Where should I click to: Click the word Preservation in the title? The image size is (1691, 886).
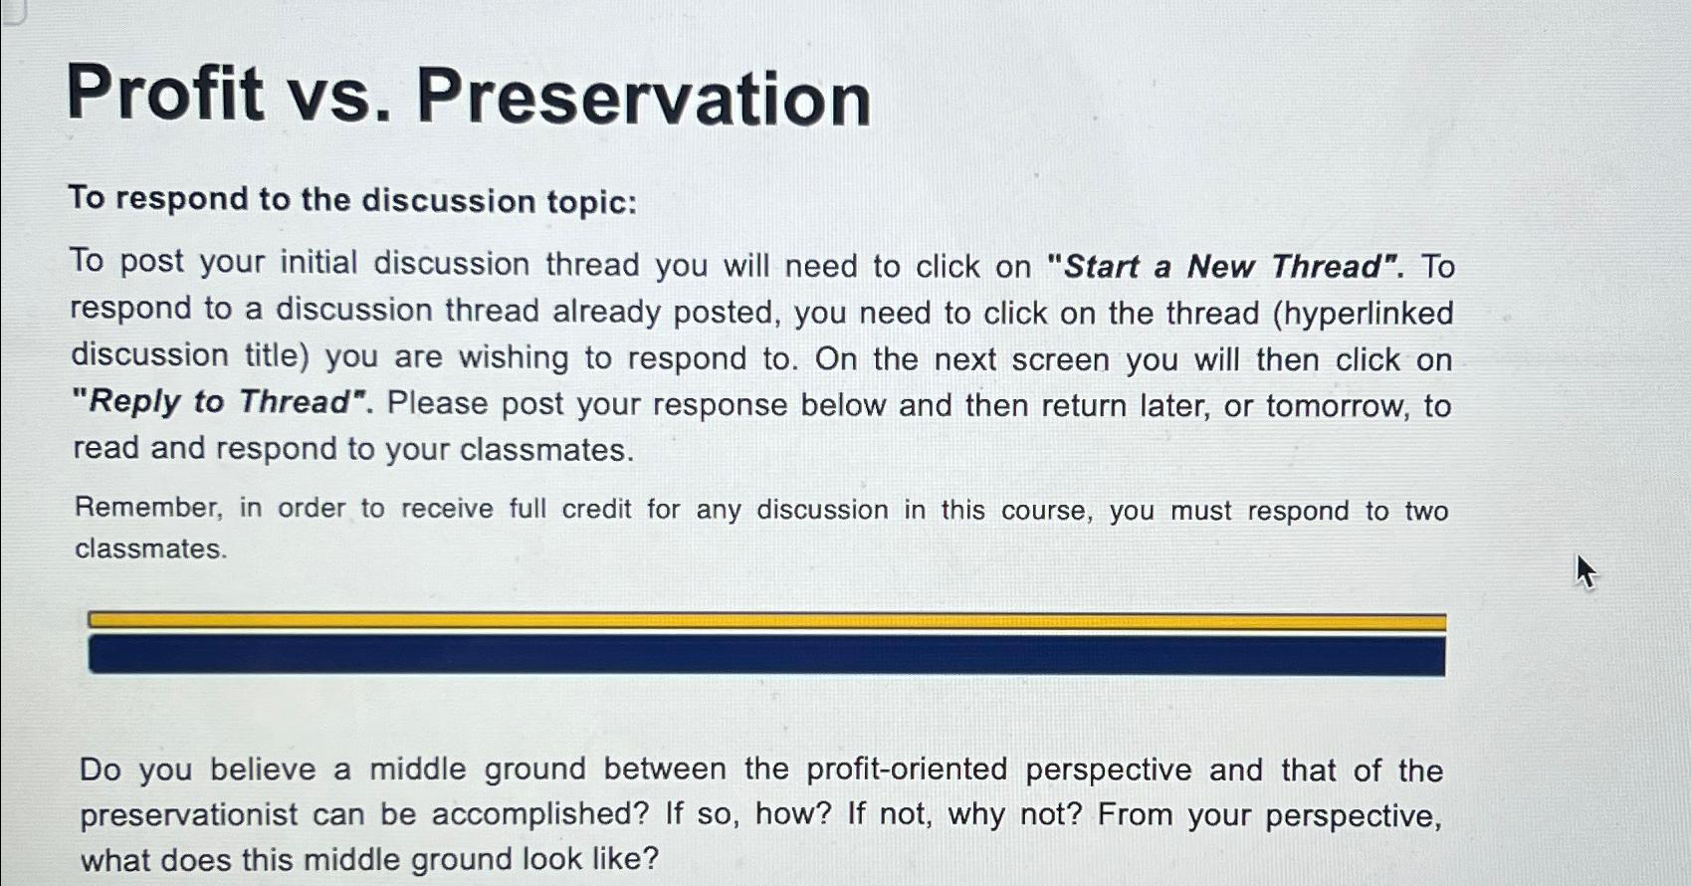click(x=643, y=99)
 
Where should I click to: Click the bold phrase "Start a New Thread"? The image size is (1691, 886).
click(x=1224, y=267)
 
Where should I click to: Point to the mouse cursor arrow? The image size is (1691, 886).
click(x=1585, y=570)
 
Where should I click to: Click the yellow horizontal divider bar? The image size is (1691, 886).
click(x=766, y=621)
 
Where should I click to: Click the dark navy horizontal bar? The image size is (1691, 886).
click(x=766, y=656)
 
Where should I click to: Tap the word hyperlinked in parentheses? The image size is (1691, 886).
click(x=1368, y=314)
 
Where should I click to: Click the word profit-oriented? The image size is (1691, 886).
click(x=907, y=770)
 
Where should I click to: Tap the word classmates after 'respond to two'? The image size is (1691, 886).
click(x=150, y=550)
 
